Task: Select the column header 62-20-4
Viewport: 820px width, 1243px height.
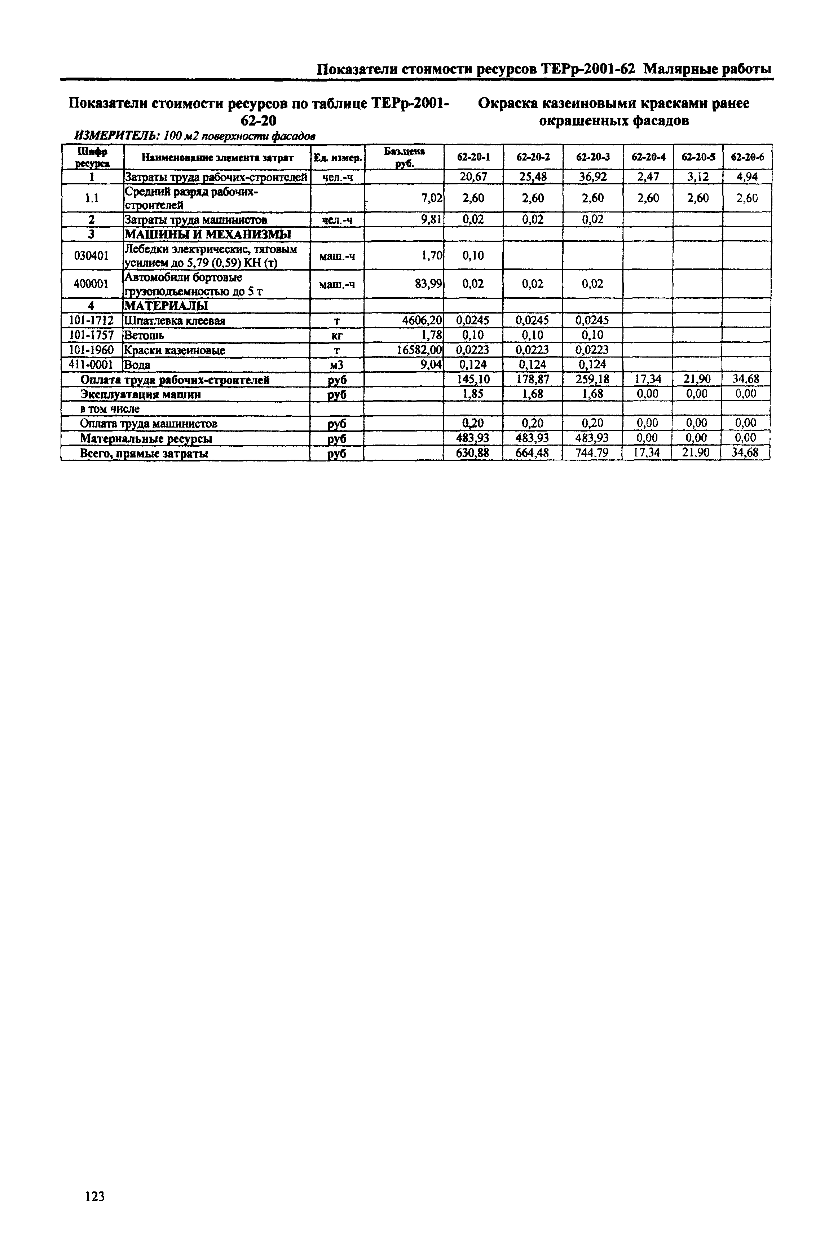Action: pos(648,157)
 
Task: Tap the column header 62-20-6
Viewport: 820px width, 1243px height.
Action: pos(747,157)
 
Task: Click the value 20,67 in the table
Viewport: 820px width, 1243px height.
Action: pos(473,177)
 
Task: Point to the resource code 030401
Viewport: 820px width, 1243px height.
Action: pos(92,255)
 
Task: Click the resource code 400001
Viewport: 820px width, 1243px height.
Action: pos(92,284)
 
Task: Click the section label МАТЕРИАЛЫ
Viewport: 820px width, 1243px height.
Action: pos(166,306)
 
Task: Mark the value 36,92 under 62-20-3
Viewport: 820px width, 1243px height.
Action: pos(592,177)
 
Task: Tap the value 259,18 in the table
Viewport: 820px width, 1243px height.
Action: pos(592,379)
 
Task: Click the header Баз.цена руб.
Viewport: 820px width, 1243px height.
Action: pos(404,157)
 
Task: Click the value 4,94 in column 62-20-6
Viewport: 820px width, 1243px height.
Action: pos(747,177)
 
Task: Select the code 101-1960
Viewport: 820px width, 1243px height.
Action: pos(92,350)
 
